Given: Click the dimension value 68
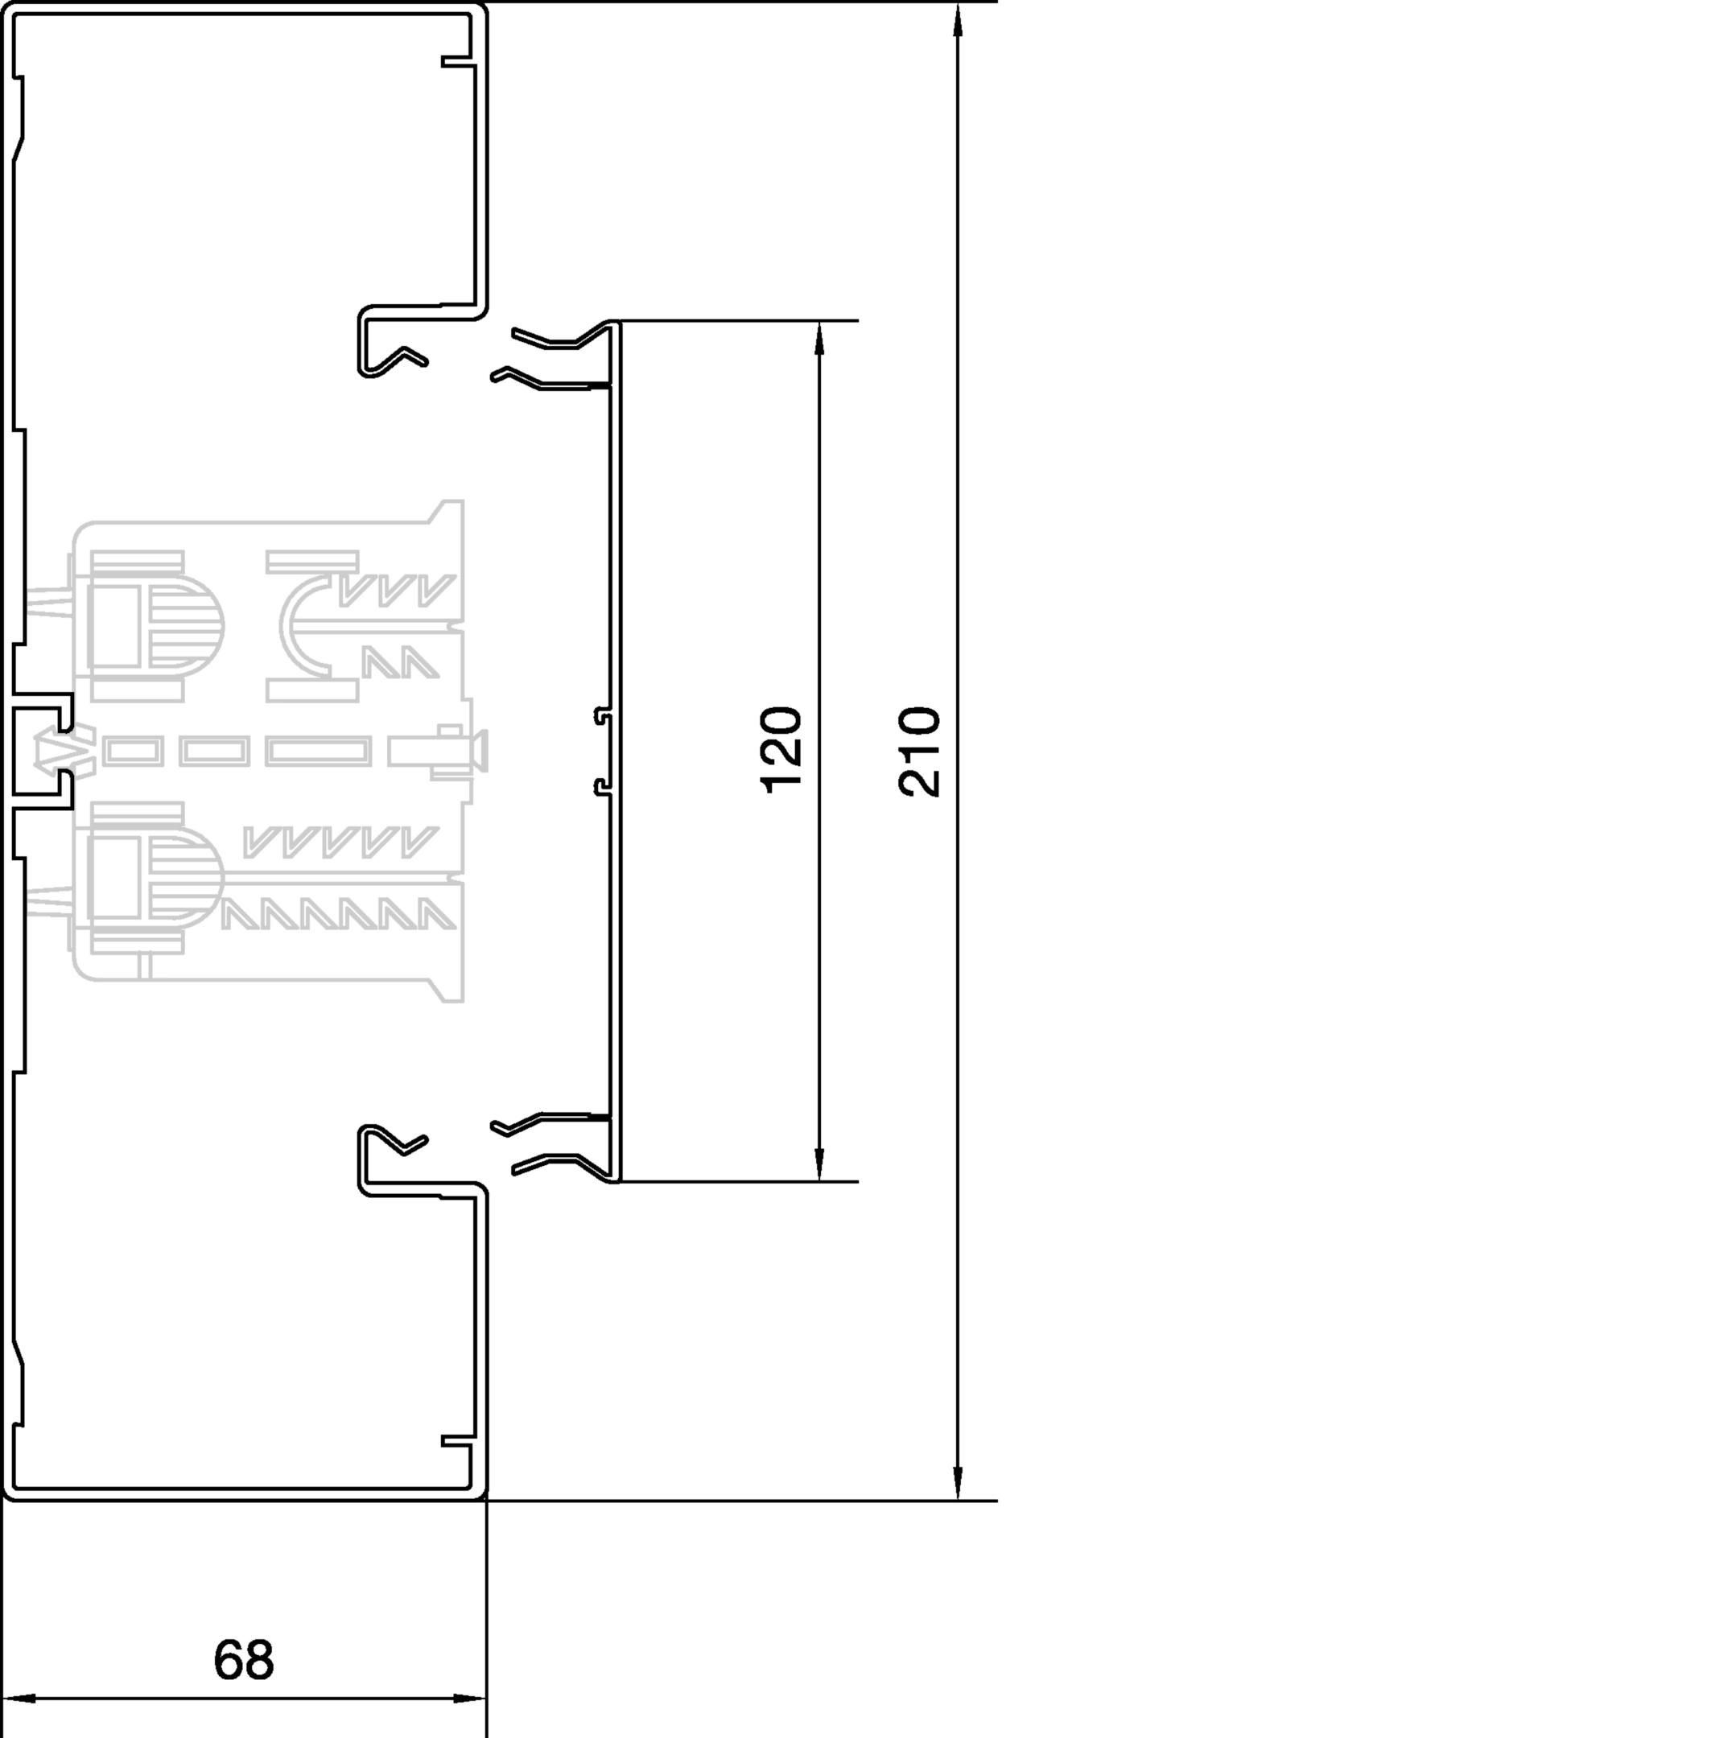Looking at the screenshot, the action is pos(243,1660).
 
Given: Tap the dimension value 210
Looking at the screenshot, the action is pos(919,752).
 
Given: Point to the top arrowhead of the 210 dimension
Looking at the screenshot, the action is pos(958,20).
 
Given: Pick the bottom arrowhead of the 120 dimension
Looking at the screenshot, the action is pos(819,1164).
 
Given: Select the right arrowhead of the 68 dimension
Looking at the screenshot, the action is pos(470,1699).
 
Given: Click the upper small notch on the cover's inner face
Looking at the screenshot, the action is pos(603,716).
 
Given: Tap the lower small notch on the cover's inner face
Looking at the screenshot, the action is pos(603,788).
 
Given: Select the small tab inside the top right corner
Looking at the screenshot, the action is pos(457,62).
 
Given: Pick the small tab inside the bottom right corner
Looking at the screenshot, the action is pos(457,1440).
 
